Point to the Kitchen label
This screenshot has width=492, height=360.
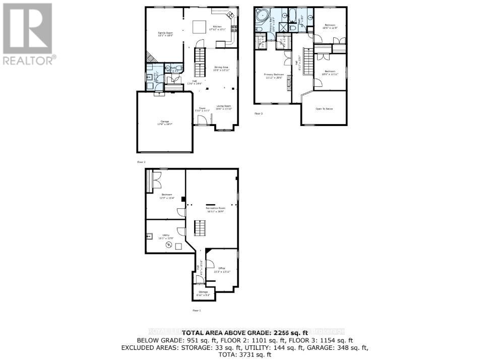tap(217, 27)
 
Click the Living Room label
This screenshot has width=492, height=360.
tap(223, 106)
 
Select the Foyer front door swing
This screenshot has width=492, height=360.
tap(202, 119)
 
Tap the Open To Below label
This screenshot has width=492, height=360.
tap(324, 109)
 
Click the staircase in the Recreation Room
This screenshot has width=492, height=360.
tap(200, 230)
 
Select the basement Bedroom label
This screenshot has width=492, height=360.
tap(167, 195)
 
